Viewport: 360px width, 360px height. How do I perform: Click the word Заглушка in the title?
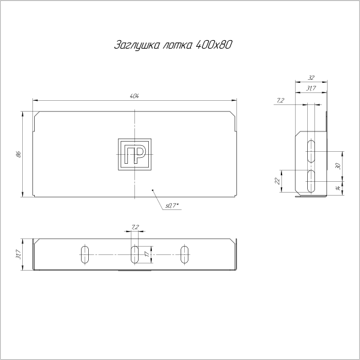[132, 46]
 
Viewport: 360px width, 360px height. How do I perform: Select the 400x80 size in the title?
[214, 46]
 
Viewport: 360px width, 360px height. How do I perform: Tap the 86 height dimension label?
[19, 154]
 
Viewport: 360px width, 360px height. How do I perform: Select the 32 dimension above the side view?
[311, 78]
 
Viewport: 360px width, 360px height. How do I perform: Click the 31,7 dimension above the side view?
[311, 89]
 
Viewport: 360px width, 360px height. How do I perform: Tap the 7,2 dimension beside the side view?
[281, 101]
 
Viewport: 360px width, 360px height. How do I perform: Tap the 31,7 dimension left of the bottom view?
[19, 255]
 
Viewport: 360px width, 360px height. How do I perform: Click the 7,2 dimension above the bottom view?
[135, 227]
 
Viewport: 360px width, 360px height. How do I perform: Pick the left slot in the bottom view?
[85, 254]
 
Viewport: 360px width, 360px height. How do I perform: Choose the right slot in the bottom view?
[185, 254]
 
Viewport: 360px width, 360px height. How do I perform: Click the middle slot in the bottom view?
[135, 254]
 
